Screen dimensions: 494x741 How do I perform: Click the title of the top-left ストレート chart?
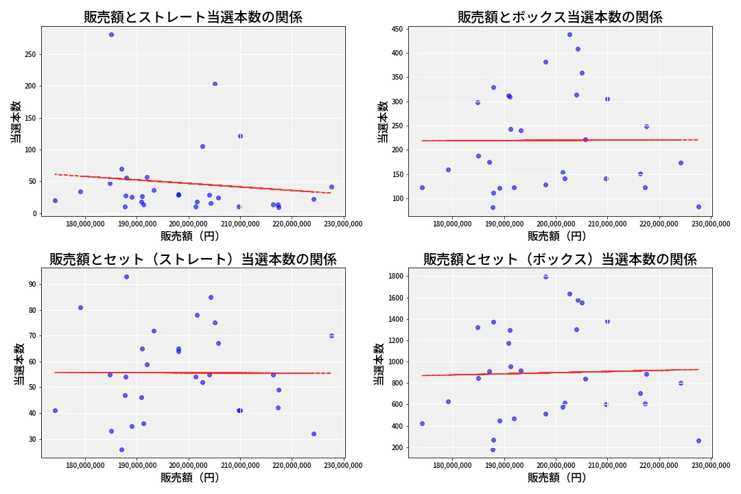click(193, 17)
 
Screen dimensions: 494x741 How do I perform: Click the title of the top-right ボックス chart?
click(560, 17)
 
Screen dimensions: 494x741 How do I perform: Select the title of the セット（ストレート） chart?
click(193, 259)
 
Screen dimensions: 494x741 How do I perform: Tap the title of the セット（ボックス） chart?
click(560, 259)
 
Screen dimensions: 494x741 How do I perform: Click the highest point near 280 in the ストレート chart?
click(111, 34)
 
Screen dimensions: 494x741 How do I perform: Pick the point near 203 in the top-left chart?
click(215, 84)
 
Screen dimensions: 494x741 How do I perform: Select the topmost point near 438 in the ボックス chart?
click(569, 34)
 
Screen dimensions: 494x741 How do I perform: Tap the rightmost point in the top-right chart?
click(698, 207)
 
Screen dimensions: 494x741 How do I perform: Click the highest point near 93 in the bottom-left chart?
click(126, 277)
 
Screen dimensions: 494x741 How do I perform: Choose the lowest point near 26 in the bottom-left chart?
click(121, 449)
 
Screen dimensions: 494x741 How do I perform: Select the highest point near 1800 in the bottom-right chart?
click(545, 277)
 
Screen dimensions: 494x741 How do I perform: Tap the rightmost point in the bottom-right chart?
click(698, 440)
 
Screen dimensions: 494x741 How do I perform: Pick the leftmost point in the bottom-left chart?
click(55, 410)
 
